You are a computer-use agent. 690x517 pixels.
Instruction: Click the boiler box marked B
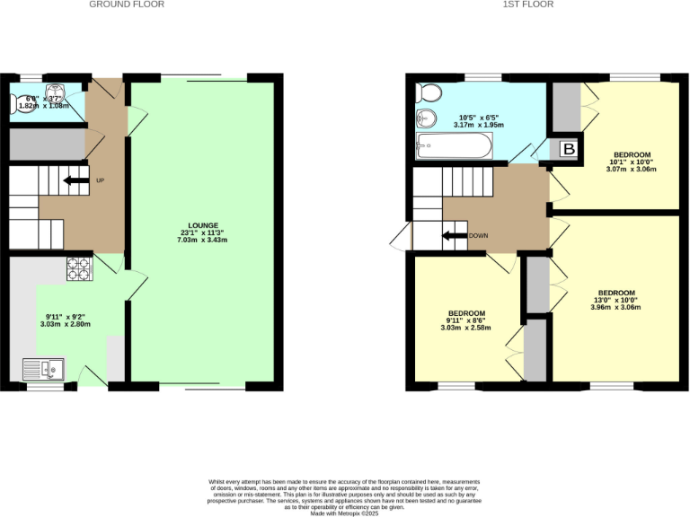568,150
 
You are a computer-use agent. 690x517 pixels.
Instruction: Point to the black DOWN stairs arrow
453,236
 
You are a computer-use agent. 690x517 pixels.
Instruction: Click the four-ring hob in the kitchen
79,266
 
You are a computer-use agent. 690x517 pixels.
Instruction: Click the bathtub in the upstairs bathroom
455,146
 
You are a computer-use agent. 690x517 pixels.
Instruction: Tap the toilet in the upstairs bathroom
428,92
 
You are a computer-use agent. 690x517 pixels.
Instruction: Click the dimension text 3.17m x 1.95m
482,126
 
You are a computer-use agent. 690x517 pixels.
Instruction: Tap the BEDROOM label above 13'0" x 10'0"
617,293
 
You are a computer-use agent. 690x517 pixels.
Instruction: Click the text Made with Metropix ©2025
345,512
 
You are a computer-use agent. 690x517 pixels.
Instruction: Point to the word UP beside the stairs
101,180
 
